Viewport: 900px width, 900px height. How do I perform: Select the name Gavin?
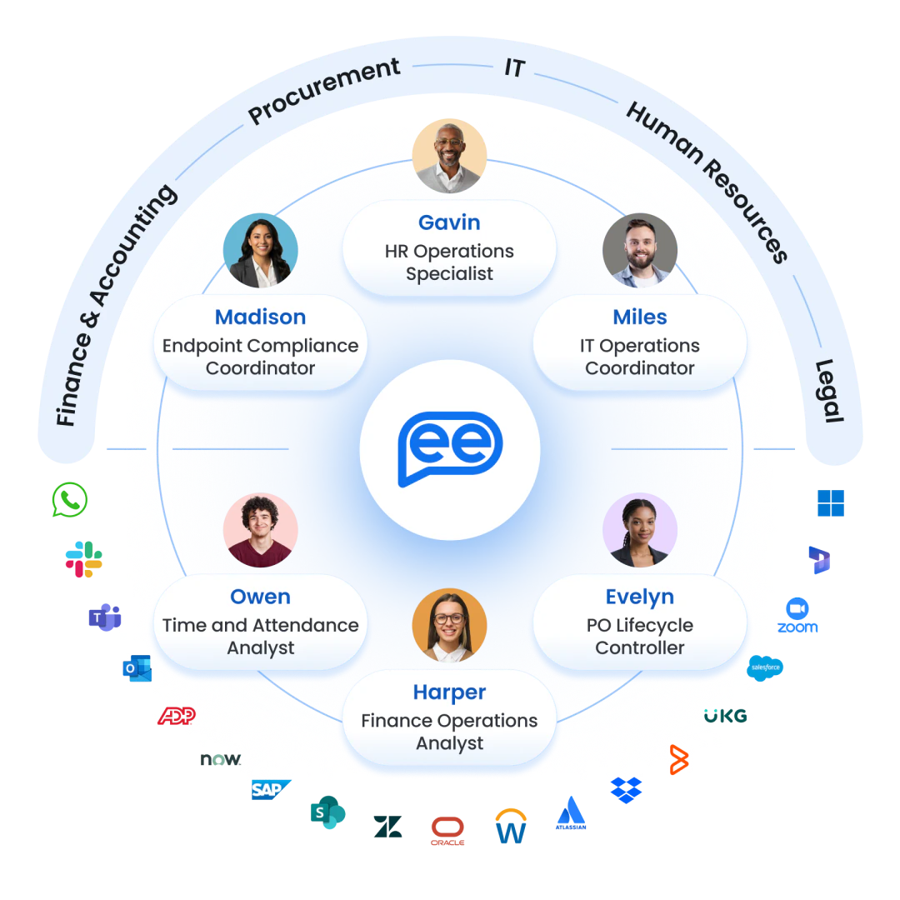click(449, 222)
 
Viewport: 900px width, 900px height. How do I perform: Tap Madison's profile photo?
click(261, 251)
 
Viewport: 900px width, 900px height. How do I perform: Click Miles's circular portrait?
click(639, 251)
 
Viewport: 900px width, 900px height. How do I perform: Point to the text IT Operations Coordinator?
click(640, 357)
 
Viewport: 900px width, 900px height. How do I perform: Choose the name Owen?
click(261, 597)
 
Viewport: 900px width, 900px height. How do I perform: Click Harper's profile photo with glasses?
click(449, 625)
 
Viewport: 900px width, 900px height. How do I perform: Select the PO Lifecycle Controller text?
click(640, 637)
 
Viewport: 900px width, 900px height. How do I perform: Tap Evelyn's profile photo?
click(639, 531)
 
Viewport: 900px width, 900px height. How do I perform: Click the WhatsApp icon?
click(69, 500)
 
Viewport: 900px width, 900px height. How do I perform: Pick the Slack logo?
click(84, 560)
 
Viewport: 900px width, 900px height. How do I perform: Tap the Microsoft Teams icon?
click(104, 617)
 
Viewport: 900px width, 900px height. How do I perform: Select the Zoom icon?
click(797, 615)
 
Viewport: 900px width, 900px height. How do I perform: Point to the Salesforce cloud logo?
click(766, 667)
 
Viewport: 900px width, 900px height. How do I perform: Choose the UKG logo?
click(725, 716)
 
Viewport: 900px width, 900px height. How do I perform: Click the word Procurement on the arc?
click(324, 92)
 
